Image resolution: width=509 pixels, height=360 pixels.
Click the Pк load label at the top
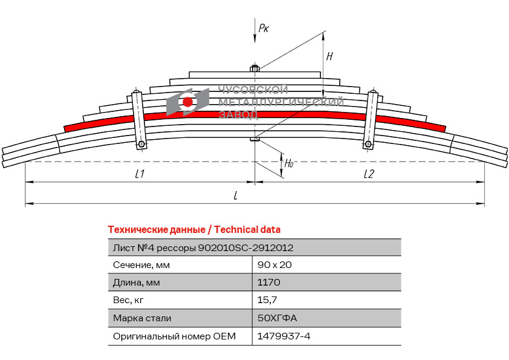(264, 28)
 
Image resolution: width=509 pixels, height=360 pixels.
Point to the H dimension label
(329, 56)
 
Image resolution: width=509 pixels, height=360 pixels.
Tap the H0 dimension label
(289, 163)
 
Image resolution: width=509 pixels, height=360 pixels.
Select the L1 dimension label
(140, 174)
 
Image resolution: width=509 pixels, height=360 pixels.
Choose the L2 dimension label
(369, 174)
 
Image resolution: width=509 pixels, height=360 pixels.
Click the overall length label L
(235, 195)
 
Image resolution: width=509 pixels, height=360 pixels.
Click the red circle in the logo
(187, 102)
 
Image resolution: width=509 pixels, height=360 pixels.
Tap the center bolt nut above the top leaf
(255, 69)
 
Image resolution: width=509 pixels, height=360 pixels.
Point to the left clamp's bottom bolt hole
(141, 145)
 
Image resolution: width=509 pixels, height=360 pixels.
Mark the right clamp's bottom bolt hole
(368, 144)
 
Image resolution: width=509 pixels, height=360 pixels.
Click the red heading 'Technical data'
(247, 229)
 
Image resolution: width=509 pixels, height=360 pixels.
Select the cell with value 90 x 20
(275, 265)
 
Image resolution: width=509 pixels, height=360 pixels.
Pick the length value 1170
(269, 283)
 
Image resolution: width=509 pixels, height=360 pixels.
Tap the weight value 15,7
(267, 300)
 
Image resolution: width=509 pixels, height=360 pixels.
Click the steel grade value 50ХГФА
(277, 318)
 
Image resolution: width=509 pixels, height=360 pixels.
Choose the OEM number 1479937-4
(284, 336)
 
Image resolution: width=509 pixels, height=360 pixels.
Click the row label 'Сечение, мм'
(141, 265)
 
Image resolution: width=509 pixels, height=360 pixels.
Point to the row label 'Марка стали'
(142, 318)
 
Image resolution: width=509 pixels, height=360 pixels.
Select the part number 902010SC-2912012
(246, 247)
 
